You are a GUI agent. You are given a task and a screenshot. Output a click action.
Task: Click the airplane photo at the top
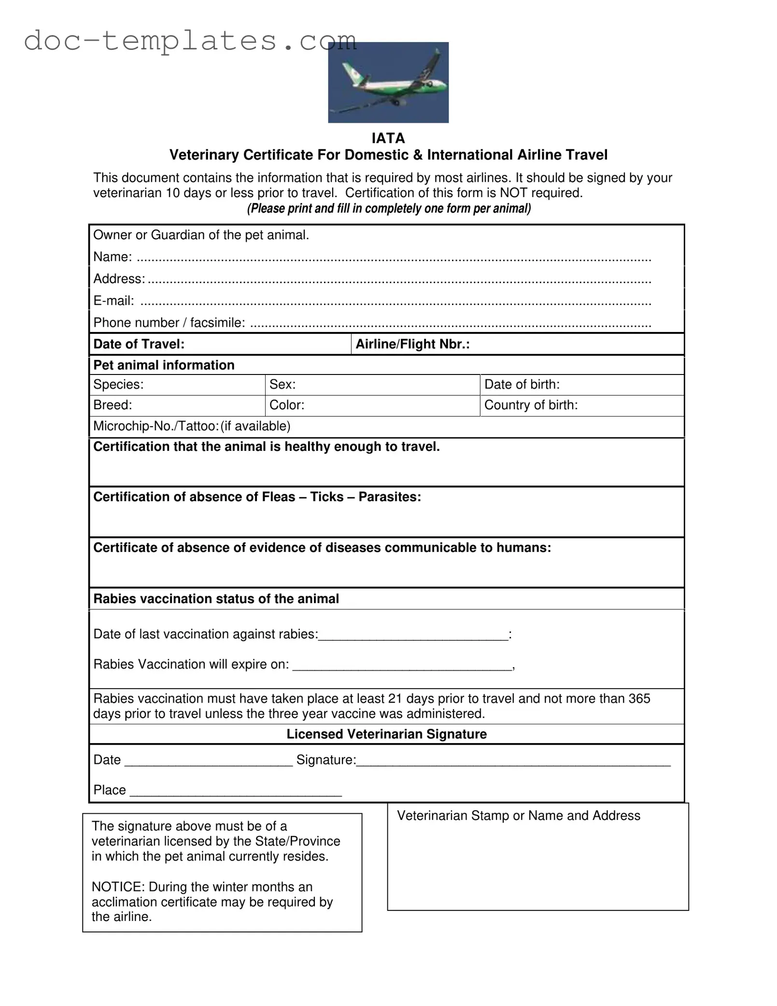pos(388,82)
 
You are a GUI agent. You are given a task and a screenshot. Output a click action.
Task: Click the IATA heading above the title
pos(388,139)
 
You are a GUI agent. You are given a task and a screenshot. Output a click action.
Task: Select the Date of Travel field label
pos(139,344)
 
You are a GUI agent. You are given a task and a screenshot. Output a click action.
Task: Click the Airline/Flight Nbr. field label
pos(413,344)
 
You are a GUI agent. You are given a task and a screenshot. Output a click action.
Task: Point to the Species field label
pos(118,385)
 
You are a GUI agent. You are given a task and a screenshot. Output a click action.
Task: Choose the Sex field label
pos(283,385)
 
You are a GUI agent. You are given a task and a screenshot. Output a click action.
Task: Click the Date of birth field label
pos(522,385)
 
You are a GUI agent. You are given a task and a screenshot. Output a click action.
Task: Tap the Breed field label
pos(113,405)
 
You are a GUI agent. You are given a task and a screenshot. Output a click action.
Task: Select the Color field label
pos(287,405)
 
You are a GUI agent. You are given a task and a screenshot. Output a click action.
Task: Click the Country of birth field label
pos(531,405)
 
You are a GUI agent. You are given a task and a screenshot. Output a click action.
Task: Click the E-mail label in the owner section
pos(113,301)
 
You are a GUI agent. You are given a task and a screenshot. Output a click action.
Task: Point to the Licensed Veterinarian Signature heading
pos(386,734)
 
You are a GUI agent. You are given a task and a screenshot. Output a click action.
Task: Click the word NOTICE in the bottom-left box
pos(118,887)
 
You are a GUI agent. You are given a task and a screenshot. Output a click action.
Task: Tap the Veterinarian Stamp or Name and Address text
pos(519,816)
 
